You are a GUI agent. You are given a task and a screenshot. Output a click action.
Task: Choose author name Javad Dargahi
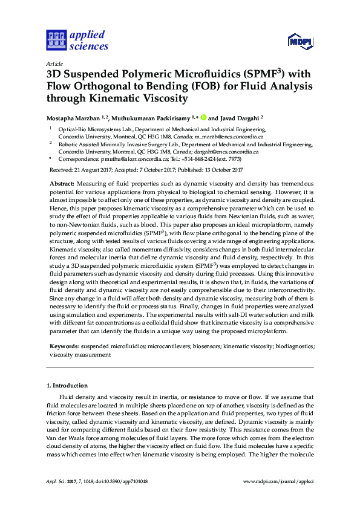245,118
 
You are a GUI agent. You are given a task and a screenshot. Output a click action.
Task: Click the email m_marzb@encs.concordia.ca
229,137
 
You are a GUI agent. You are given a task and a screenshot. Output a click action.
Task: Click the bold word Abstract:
62,183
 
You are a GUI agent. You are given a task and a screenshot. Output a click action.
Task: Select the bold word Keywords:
64,348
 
